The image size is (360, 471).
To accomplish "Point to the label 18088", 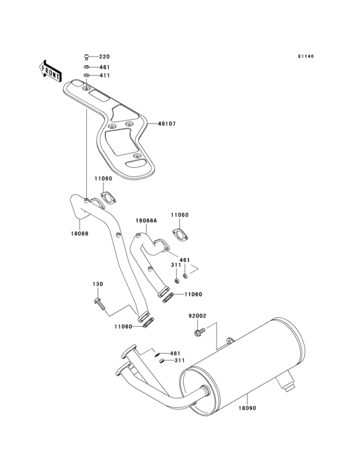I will coord(80,234).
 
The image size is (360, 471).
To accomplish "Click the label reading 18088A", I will coord(145,220).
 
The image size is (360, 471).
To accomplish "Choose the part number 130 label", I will coord(98,284).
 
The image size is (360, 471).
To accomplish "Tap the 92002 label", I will coord(197,316).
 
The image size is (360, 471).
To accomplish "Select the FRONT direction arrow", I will coord(51,70).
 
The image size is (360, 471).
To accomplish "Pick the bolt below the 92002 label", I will coord(198,332).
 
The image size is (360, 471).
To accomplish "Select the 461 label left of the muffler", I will coord(175,353).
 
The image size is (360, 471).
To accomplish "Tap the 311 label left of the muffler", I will coord(175,361).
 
